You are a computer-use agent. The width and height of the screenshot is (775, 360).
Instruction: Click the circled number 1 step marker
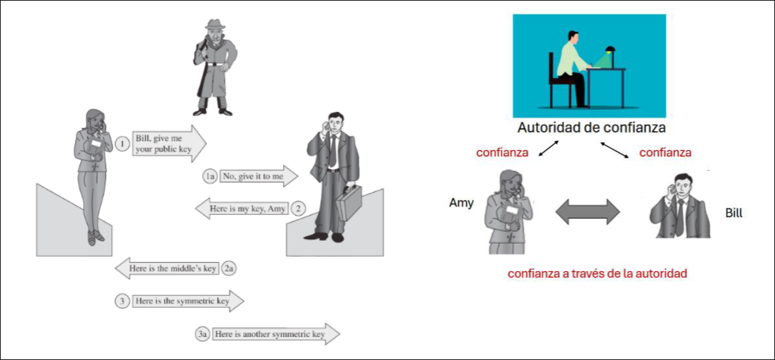point(122,143)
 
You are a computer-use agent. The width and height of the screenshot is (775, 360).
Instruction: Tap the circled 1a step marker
point(209,176)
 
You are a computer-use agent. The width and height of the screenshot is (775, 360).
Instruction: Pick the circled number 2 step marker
point(298,209)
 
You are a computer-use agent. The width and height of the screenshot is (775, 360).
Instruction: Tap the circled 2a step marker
point(229,268)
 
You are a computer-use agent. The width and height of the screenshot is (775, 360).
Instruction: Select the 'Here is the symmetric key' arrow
point(187,301)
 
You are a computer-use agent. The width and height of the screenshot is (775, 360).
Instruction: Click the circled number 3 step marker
point(122,301)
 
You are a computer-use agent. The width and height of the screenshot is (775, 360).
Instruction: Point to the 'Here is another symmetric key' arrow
point(274,334)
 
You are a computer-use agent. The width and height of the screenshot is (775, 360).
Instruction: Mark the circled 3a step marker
point(203,335)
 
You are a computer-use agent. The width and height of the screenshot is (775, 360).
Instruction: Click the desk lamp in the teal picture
point(611,52)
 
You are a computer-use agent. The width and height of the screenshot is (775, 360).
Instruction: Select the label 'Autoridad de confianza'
point(591,127)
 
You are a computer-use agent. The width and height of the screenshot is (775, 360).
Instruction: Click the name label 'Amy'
point(461,203)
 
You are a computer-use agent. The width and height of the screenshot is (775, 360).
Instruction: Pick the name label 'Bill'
point(734,214)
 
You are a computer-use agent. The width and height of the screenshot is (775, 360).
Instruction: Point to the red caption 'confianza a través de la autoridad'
point(597,274)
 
